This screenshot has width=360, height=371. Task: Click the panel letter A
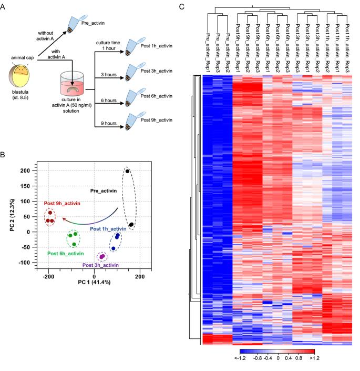click(4, 6)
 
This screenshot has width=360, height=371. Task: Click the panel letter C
click(182, 6)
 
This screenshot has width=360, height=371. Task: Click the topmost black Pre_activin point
click(127, 171)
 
